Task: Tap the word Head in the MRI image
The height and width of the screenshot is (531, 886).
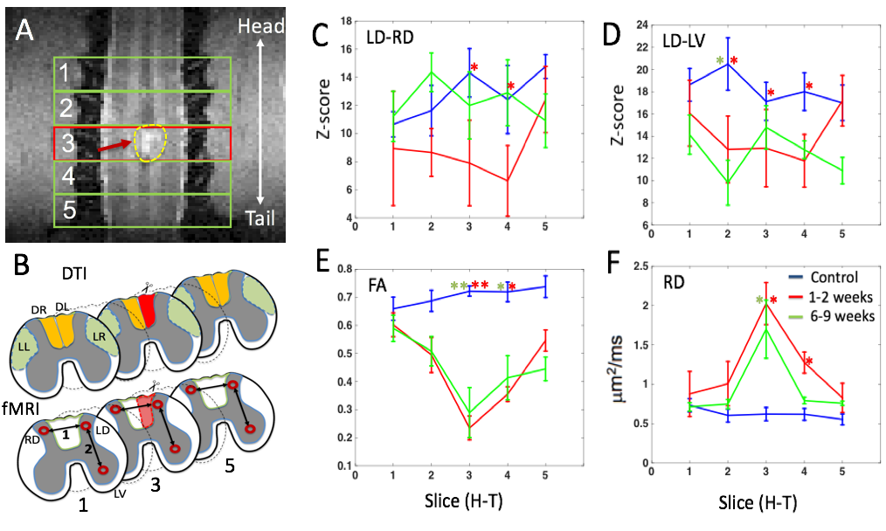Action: [261, 27]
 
